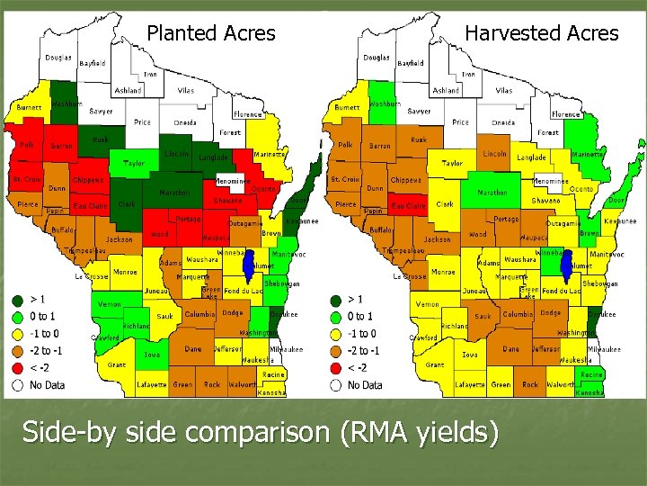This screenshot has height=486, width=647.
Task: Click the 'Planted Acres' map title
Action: [211, 33]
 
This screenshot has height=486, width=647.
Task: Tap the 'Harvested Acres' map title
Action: [541, 33]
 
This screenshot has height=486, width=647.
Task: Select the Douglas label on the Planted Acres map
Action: [59, 58]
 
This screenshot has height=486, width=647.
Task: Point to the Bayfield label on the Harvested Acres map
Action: [411, 64]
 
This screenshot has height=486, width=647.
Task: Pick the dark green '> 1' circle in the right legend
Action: [335, 300]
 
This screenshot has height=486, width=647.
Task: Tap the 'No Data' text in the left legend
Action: [48, 384]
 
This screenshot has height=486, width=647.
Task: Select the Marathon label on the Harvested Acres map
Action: [492, 193]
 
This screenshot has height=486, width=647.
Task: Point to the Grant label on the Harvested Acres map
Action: [434, 365]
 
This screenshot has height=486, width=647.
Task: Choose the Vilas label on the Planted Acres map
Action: [185, 91]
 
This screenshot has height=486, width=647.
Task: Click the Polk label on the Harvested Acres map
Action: [345, 144]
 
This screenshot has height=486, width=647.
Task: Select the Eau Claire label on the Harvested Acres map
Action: [408, 206]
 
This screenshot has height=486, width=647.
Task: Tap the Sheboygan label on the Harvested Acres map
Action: [601, 283]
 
